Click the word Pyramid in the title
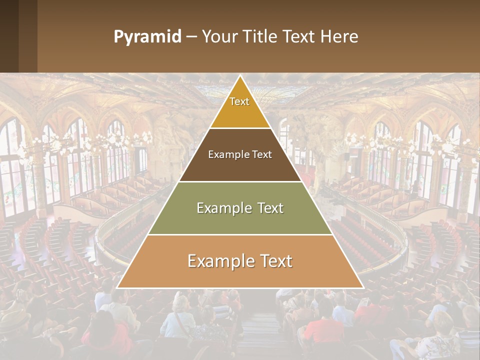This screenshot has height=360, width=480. [147, 37]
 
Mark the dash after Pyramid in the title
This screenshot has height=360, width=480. [191, 37]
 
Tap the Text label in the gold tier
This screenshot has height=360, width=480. [239, 101]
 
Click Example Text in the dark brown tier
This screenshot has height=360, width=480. [240, 154]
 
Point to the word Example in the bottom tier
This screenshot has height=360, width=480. [215, 261]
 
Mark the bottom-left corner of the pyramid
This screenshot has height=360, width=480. [117, 287]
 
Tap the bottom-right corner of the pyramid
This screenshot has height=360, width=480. [362, 287]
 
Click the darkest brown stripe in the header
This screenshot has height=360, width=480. [9, 36]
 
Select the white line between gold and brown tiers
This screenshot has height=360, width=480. [240, 128]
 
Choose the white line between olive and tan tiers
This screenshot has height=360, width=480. [240, 234]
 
